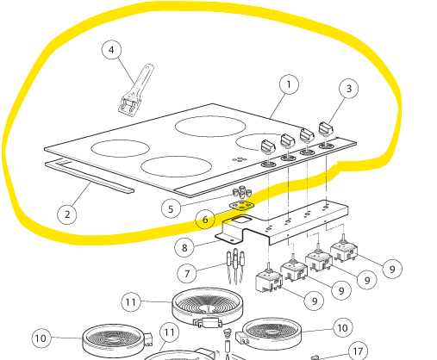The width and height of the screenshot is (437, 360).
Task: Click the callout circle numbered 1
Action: tap(289, 84)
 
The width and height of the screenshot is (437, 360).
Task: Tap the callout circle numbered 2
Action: tap(67, 214)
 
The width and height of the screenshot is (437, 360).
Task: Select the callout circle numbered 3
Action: tap(349, 89)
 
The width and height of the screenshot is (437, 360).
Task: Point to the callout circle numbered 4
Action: tap(111, 50)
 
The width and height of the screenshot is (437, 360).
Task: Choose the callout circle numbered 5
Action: tap(171, 208)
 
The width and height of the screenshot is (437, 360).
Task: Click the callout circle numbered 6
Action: tap(205, 220)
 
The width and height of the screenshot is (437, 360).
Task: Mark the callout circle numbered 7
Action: tap(187, 273)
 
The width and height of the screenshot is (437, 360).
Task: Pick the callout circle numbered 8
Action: tap(184, 247)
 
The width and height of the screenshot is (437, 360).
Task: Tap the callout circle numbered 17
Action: tap(358, 351)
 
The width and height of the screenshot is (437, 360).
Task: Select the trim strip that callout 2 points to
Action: tap(89, 177)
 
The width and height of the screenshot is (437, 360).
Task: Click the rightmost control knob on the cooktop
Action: tap(327, 129)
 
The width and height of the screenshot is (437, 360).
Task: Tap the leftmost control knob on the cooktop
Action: tap(268, 146)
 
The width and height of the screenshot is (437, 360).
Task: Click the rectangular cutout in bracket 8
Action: tap(240, 220)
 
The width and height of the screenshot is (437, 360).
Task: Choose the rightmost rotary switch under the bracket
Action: tap(344, 249)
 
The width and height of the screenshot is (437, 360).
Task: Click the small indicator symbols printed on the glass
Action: tap(240, 159)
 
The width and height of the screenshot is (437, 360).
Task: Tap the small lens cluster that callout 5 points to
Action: tap(242, 191)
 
